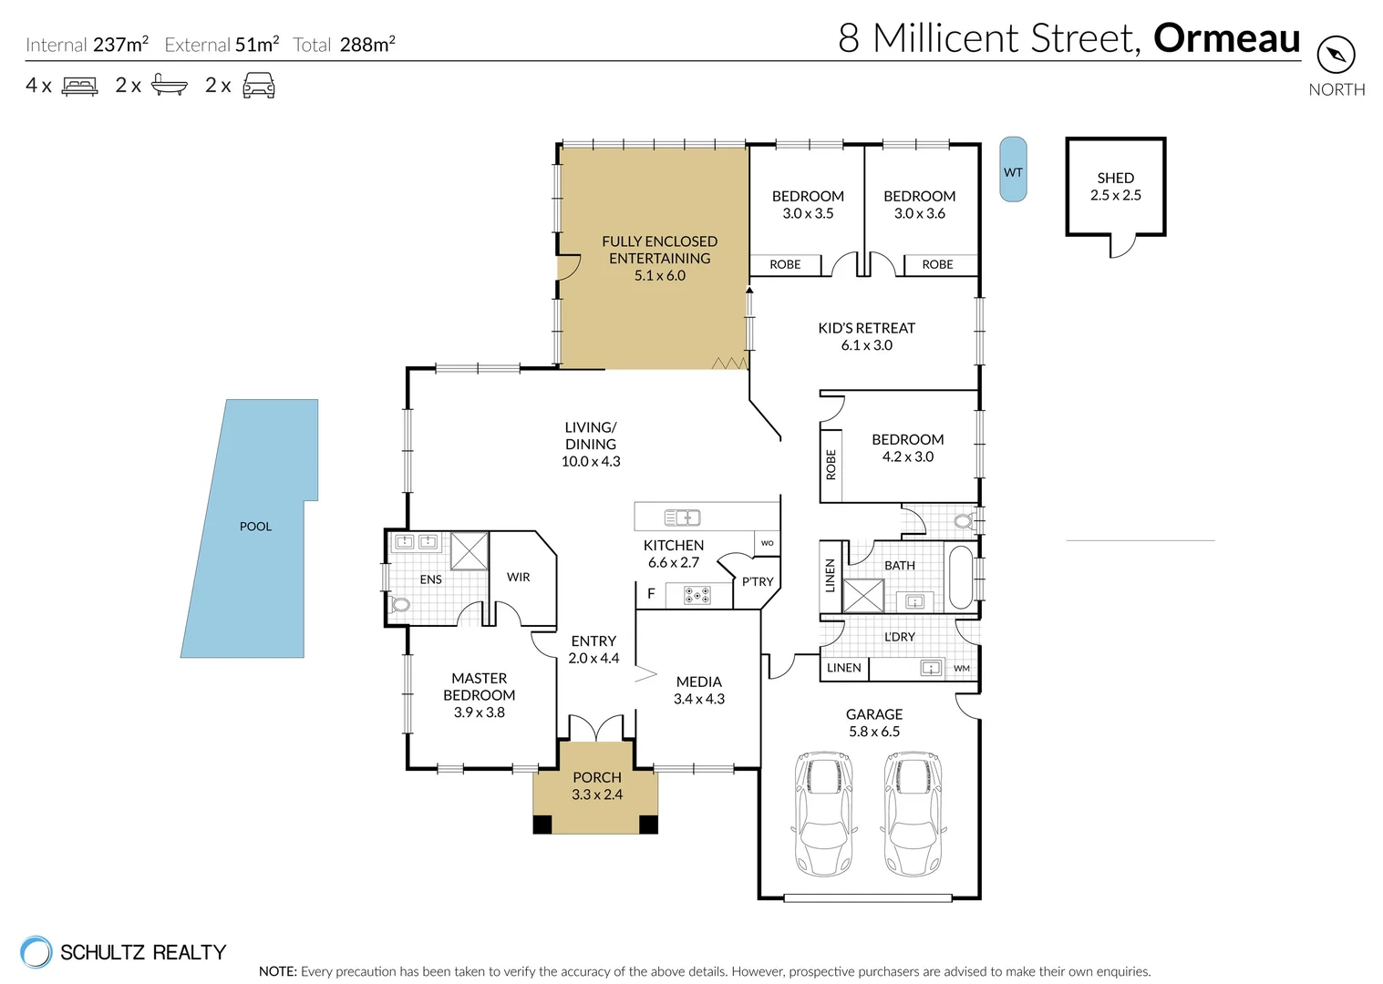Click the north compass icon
pos(1336,55)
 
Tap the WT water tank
pos(1013,169)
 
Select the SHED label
pos(1115,178)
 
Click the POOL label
pos(255,527)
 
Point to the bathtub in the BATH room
pos(960,576)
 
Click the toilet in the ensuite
pos(399,604)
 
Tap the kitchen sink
pos(682,518)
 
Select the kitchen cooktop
pos(697,595)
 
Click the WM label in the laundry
pos(961,668)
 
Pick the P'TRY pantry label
pos(757,581)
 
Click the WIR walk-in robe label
pos(518,577)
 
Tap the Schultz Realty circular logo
pos(36,952)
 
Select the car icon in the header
pos(259,85)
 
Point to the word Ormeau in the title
pos(1226,38)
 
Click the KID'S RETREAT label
pos(866,328)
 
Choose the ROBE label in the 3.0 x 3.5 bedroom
pos(785,264)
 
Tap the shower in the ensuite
pos(469,551)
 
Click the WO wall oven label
pos(767,543)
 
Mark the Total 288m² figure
pos(344,45)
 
